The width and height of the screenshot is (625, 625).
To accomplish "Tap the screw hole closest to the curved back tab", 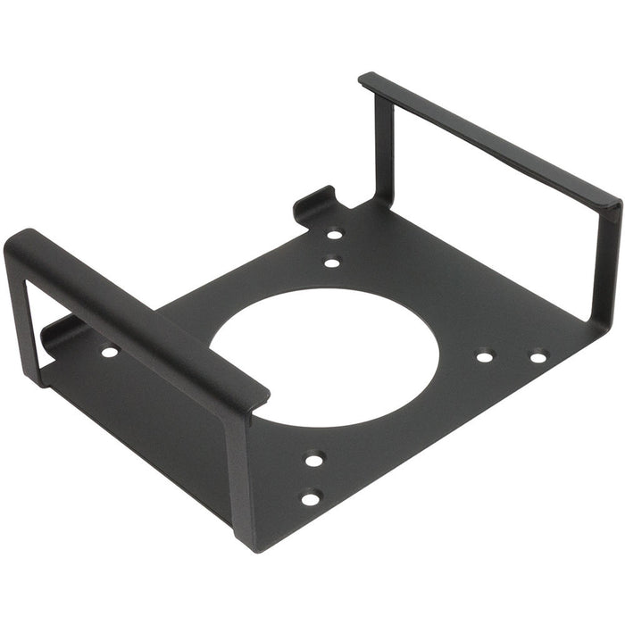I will click(335, 235).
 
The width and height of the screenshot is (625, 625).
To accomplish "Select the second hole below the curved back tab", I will click(331, 262).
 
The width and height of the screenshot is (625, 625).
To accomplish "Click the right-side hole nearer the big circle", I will click(484, 356).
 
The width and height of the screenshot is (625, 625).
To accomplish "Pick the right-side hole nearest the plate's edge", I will click(537, 357).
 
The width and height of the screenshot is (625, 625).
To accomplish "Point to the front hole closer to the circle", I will click(314, 460).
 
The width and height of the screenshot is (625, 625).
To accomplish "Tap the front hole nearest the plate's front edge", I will click(310, 498).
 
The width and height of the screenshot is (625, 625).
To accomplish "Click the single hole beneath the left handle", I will click(109, 352).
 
